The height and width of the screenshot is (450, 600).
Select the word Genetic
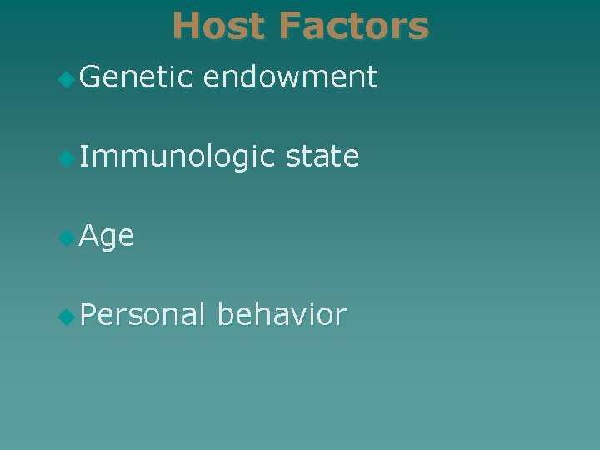136,77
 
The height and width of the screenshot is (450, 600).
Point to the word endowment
290,77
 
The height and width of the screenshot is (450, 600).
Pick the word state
322,157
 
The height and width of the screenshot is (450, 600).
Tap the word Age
107,237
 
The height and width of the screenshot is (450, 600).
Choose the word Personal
142,314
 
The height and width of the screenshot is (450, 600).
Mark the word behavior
281,314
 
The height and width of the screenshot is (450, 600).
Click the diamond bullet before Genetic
67,79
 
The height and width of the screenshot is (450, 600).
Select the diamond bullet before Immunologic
67,158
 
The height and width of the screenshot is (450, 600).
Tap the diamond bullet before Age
67,237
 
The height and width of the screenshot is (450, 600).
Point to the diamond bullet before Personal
67,316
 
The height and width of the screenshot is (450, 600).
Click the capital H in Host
186,26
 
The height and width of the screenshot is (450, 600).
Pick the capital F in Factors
291,26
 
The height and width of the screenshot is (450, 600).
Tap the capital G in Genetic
91,77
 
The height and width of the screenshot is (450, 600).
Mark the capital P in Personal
89,314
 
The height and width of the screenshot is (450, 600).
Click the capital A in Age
90,236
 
